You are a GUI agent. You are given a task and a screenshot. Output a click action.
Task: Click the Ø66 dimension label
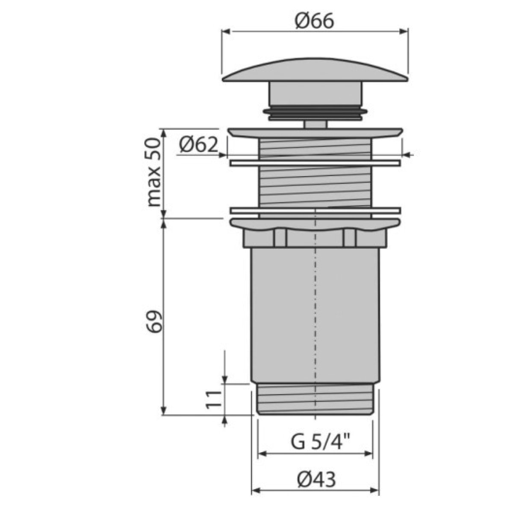[314, 21]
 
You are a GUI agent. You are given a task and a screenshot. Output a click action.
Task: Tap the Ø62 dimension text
[198, 145]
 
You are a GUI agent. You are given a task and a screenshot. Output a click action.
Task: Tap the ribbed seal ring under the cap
[315, 112]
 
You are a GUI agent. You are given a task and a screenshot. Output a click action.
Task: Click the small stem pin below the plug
[315, 124]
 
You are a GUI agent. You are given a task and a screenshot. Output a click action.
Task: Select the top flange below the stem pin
[315, 133]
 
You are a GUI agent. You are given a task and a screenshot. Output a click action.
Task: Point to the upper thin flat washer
[315, 163]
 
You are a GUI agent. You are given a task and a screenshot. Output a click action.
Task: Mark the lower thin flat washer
[315, 210]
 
